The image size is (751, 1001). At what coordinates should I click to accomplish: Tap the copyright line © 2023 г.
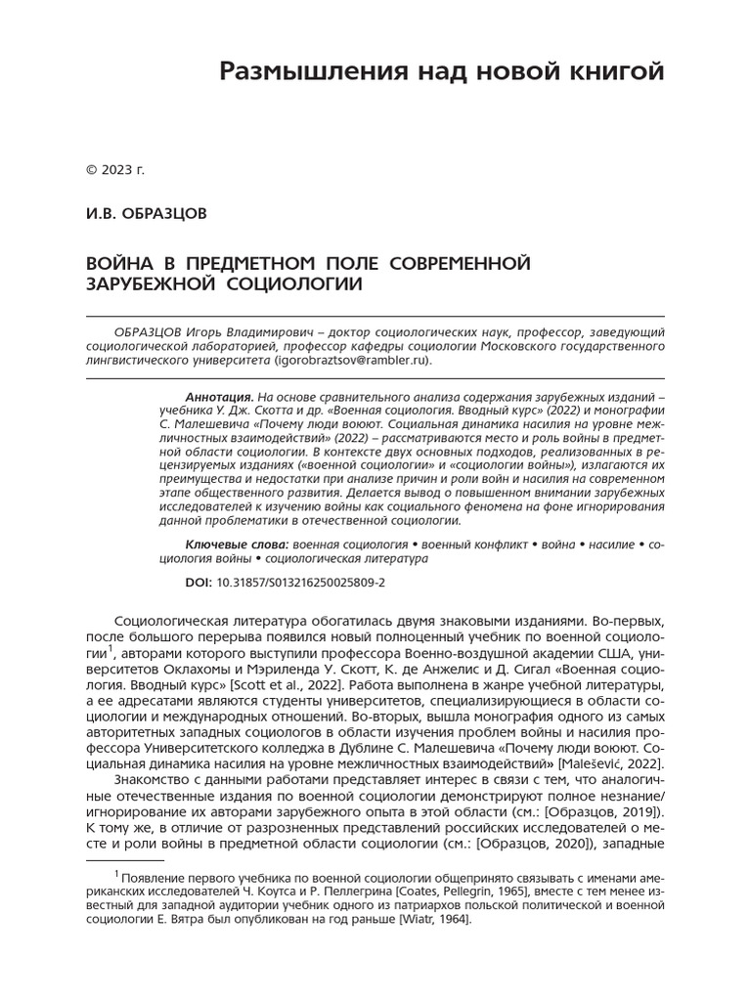click(114, 170)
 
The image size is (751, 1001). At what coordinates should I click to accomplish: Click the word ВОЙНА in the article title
click(121, 264)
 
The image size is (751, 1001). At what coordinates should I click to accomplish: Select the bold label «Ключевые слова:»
click(236, 544)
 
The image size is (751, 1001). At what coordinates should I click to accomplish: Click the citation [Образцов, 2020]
click(537, 843)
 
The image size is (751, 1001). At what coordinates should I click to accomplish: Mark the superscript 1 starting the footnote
click(116, 873)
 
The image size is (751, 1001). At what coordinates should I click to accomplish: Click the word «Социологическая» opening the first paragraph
click(172, 622)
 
